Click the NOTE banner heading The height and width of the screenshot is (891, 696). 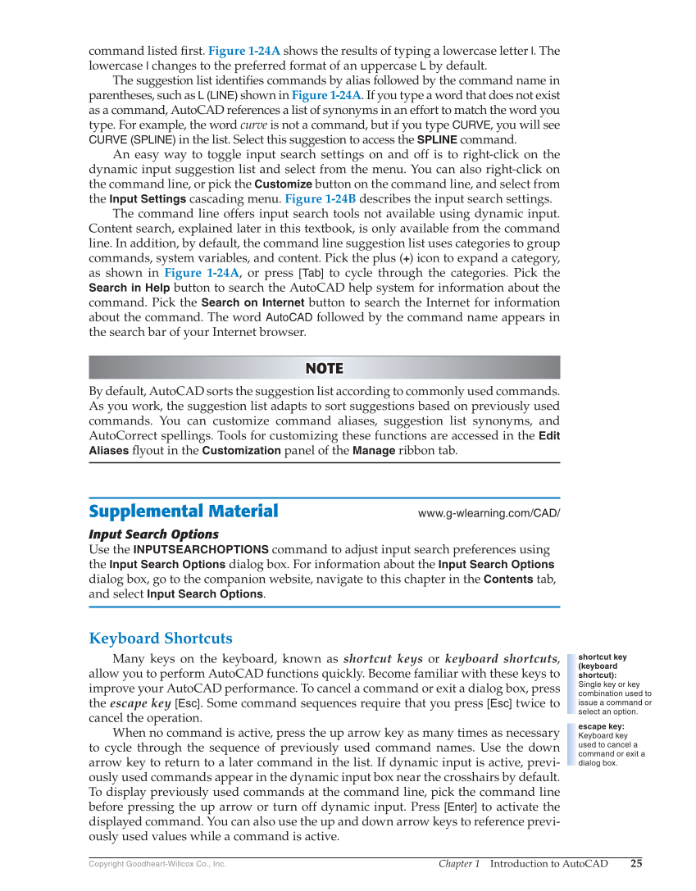click(324, 368)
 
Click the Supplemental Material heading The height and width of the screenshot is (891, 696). click(183, 511)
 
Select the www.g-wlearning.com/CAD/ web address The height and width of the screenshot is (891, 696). click(489, 513)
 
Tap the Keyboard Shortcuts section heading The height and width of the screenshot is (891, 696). click(161, 639)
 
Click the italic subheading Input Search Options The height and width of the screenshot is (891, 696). click(153, 534)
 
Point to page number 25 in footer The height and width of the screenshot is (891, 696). click(636, 863)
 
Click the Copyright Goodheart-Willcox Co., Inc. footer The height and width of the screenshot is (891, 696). click(157, 864)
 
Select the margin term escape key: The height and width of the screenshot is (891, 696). click(601, 726)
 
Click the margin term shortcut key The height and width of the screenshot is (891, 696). click(602, 657)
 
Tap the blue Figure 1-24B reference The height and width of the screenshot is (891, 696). click(318, 199)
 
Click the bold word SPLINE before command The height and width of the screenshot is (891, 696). click(437, 140)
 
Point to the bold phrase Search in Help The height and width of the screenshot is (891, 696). click(130, 288)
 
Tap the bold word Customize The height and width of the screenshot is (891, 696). click(283, 184)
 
